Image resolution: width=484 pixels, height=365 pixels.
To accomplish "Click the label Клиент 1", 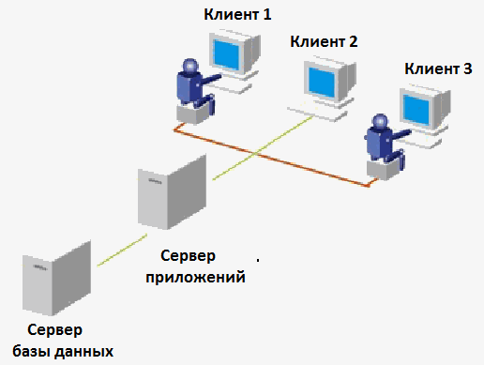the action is pyautogui.click(x=237, y=14).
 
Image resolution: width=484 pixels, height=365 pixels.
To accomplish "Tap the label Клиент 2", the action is pyautogui.click(x=324, y=41).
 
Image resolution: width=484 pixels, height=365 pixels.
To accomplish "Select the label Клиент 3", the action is pyautogui.click(x=438, y=68).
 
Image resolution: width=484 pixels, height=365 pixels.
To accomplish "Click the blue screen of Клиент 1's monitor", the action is pyautogui.click(x=226, y=54).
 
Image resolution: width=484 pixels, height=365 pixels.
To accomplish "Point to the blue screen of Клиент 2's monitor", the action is pyautogui.click(x=322, y=82).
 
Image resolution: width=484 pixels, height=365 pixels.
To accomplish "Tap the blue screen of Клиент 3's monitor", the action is pyautogui.click(x=416, y=111).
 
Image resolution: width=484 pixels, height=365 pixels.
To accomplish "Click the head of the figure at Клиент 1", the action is pyautogui.click(x=190, y=66).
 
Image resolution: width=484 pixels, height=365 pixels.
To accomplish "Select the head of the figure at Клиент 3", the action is pyautogui.click(x=380, y=122).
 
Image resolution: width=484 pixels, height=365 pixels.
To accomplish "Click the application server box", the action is pyautogui.click(x=172, y=191).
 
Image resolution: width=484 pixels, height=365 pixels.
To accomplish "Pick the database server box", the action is pyautogui.click(x=56, y=278).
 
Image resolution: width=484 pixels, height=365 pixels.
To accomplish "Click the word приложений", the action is pyautogui.click(x=195, y=277).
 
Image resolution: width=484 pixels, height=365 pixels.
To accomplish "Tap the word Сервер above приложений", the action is pyautogui.click(x=188, y=256).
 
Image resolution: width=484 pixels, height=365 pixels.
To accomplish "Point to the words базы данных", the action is pyautogui.click(x=63, y=352).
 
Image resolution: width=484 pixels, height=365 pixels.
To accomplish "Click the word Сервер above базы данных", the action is pyautogui.click(x=55, y=330).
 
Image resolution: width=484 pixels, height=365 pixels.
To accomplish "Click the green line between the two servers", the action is pyautogui.click(x=122, y=251).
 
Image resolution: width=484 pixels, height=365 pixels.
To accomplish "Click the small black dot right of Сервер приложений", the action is pyautogui.click(x=258, y=259).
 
